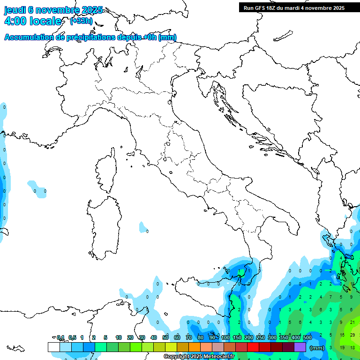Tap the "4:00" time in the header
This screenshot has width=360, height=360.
pos(15,21)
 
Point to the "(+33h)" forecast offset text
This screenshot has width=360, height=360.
pos(81,21)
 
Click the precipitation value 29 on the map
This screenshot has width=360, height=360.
pos(352,335)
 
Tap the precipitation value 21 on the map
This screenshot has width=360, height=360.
pos(352,322)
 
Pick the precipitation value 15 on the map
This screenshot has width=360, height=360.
pos(342,335)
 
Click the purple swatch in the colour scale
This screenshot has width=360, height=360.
pos(300,347)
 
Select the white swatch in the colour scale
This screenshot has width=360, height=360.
pos(53,347)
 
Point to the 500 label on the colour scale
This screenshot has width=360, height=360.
pos(307,337)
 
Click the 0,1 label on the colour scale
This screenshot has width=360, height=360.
pos(60,337)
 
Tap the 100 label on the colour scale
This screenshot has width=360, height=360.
pos(225,337)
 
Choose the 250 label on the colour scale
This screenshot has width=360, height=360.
pos(261,337)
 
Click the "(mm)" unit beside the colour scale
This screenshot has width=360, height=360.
pos(317,348)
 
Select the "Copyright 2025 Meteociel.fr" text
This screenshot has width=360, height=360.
pos(199,357)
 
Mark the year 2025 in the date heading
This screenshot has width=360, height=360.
pos(92,10)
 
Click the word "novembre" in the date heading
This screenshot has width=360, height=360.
pos(58,10)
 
